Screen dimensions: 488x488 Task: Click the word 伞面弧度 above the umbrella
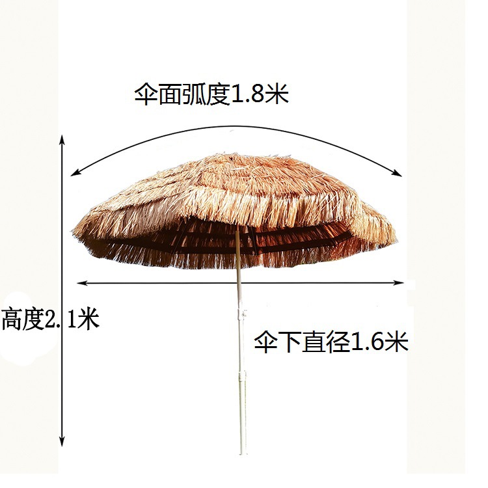182,95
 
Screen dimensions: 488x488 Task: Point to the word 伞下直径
303,340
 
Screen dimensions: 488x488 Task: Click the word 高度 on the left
21,319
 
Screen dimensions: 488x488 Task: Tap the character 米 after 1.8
277,95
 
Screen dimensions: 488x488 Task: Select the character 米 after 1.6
397,340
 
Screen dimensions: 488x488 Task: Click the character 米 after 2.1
87,319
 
